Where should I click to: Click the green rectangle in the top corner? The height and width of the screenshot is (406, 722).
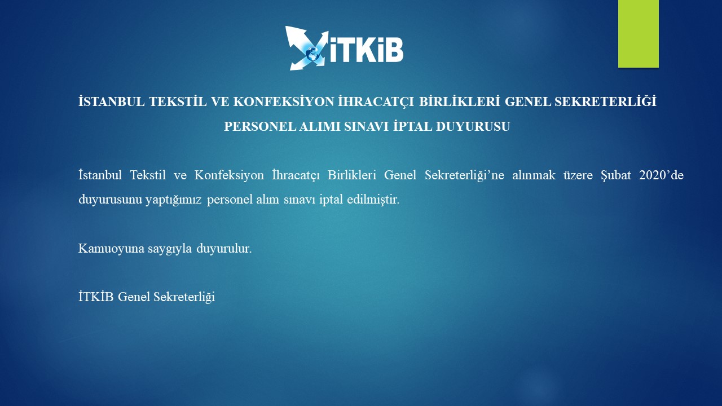pyautogui.click(x=638, y=33)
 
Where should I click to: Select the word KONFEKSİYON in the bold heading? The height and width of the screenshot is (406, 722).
pyautogui.click(x=284, y=102)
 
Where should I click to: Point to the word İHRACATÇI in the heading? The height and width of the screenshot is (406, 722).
pyautogui.click(x=376, y=102)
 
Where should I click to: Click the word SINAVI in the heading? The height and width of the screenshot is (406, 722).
pyautogui.click(x=367, y=127)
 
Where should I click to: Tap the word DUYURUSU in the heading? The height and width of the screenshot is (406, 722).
pyautogui.click(x=473, y=127)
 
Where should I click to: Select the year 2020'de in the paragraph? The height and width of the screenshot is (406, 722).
pyautogui.click(x=661, y=175)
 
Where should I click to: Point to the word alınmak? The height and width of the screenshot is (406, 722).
pyautogui.click(x=534, y=175)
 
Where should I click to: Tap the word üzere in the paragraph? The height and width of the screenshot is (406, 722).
pyautogui.click(x=578, y=175)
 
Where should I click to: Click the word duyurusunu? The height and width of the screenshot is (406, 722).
pyautogui.click(x=110, y=200)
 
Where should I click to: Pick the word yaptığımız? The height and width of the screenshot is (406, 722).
pyautogui.click(x=173, y=200)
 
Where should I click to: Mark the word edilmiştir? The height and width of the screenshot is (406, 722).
pyautogui.click(x=373, y=200)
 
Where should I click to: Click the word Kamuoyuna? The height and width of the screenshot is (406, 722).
pyautogui.click(x=111, y=249)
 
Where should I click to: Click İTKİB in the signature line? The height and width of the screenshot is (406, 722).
pyautogui.click(x=96, y=297)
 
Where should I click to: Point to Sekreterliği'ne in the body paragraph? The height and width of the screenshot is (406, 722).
pyautogui.click(x=464, y=175)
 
